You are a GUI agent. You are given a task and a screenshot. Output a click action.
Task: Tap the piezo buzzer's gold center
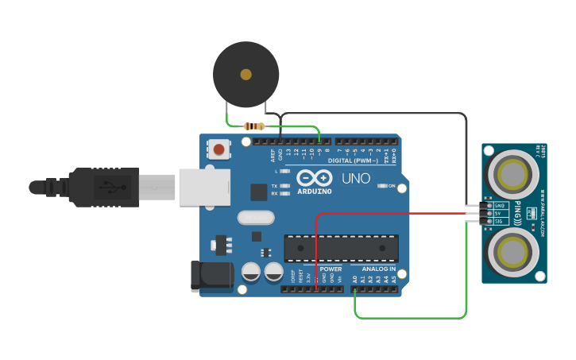(x=245, y=74)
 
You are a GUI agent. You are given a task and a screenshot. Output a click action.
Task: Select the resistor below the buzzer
(x=254, y=126)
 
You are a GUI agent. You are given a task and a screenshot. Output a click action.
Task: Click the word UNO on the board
(x=356, y=178)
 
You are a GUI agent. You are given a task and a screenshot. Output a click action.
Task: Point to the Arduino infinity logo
(x=314, y=178)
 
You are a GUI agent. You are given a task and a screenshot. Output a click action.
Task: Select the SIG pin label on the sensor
(x=499, y=222)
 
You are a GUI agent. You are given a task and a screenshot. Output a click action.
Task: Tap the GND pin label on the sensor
(x=499, y=205)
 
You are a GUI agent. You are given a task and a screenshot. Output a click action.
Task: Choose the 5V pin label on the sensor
(x=499, y=213)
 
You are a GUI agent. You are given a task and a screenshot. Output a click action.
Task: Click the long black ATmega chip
(x=342, y=248)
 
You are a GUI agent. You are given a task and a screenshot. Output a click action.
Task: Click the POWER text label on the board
(x=331, y=269)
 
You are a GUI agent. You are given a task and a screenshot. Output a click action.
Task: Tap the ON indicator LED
(x=381, y=186)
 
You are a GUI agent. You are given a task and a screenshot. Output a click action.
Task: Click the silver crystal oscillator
(x=255, y=217)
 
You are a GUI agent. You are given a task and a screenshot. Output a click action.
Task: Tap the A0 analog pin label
(x=355, y=280)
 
